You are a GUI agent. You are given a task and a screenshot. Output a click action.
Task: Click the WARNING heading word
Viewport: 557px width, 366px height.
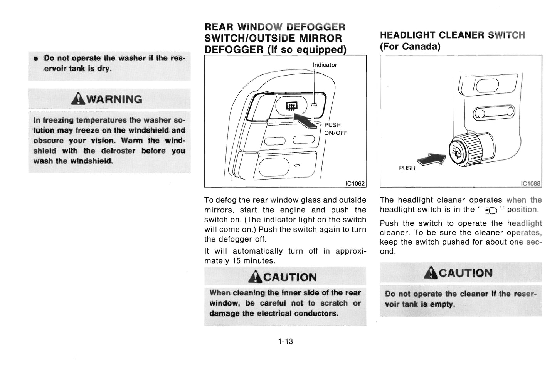pyautogui.click(x=114, y=99)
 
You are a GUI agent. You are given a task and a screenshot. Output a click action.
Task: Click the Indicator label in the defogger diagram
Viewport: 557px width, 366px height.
pyautogui.click(x=325, y=65)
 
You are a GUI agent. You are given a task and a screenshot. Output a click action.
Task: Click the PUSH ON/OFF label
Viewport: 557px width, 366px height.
pyautogui.click(x=335, y=129)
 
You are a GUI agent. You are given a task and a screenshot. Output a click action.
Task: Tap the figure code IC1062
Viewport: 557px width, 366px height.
pyautogui.click(x=355, y=184)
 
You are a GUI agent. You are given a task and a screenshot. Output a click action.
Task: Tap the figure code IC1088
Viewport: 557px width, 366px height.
pyautogui.click(x=530, y=184)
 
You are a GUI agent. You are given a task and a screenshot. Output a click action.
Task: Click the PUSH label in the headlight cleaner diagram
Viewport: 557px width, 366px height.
pyautogui.click(x=407, y=168)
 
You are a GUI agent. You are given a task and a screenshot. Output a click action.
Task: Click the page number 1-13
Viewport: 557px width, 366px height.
pyautogui.click(x=286, y=341)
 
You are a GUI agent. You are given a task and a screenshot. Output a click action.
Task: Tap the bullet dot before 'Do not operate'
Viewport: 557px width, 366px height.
pyautogui.click(x=36, y=59)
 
